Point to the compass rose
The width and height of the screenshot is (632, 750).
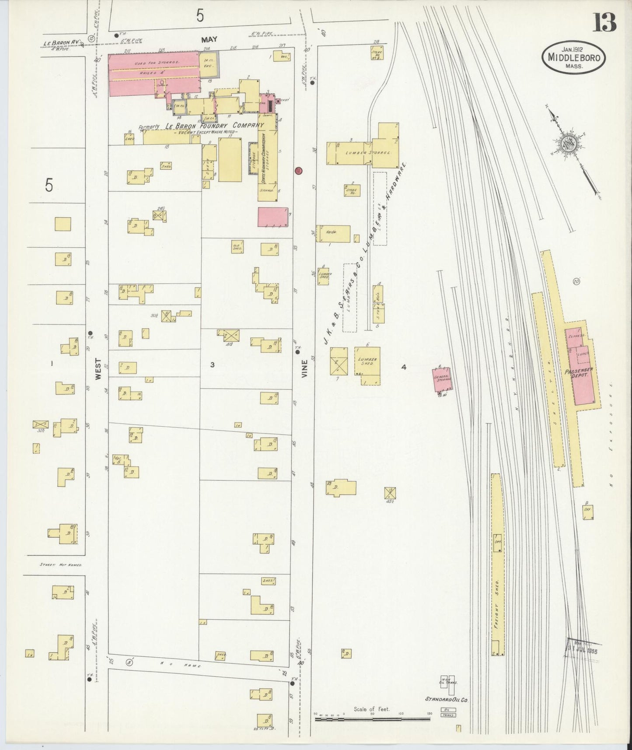point(569,143)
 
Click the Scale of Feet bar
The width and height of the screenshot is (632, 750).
point(372,718)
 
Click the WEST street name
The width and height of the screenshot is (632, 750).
point(98,369)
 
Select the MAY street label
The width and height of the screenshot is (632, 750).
point(209,39)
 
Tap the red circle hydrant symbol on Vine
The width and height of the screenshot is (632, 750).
point(299,170)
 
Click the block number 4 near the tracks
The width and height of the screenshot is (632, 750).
point(404,367)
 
